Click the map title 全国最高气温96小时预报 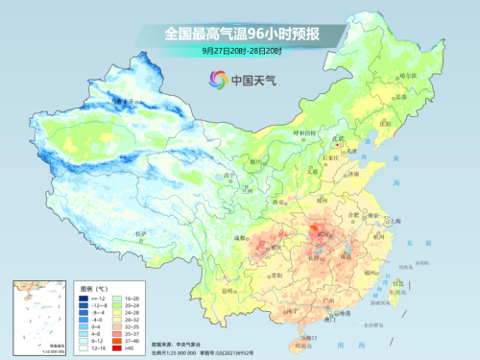click(x=240, y=35)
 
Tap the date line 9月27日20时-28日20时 click(x=240, y=50)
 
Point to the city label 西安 click(x=281, y=203)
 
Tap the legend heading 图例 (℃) click(x=95, y=287)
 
